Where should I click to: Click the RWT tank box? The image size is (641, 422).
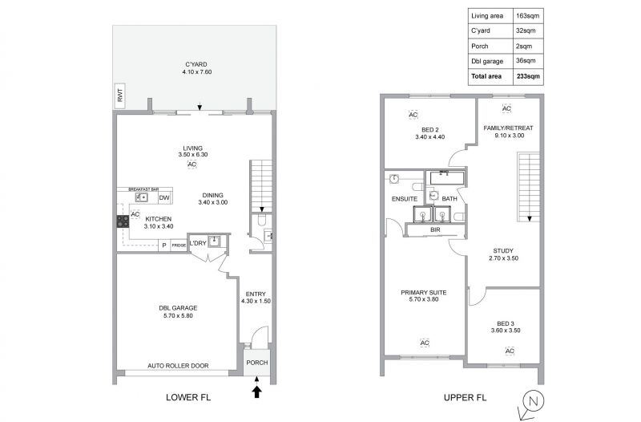[119, 95]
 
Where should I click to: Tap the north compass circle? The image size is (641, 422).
[533, 401]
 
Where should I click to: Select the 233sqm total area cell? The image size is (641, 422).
[528, 76]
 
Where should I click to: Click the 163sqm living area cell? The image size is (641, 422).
[528, 16]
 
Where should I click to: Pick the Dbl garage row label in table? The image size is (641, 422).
[487, 61]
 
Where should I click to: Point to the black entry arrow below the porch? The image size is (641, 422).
[256, 392]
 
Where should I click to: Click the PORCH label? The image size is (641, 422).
[257, 363]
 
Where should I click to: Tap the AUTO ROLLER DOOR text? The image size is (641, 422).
[178, 366]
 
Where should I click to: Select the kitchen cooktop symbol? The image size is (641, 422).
[123, 221]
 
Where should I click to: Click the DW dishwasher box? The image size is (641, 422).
[164, 197]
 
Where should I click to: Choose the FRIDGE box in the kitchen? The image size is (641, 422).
[179, 245]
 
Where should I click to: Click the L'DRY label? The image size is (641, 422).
[198, 243]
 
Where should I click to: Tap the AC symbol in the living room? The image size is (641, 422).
[191, 164]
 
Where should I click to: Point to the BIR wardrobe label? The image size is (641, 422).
[435, 230]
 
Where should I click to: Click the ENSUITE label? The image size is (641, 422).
[405, 199]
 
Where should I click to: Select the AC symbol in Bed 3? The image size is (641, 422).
[510, 351]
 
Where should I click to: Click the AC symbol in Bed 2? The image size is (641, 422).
[413, 115]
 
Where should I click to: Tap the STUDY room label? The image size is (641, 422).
[503, 251]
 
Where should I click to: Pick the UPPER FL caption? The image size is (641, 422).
[466, 397]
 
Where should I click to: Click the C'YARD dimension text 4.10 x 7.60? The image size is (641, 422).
[197, 72]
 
